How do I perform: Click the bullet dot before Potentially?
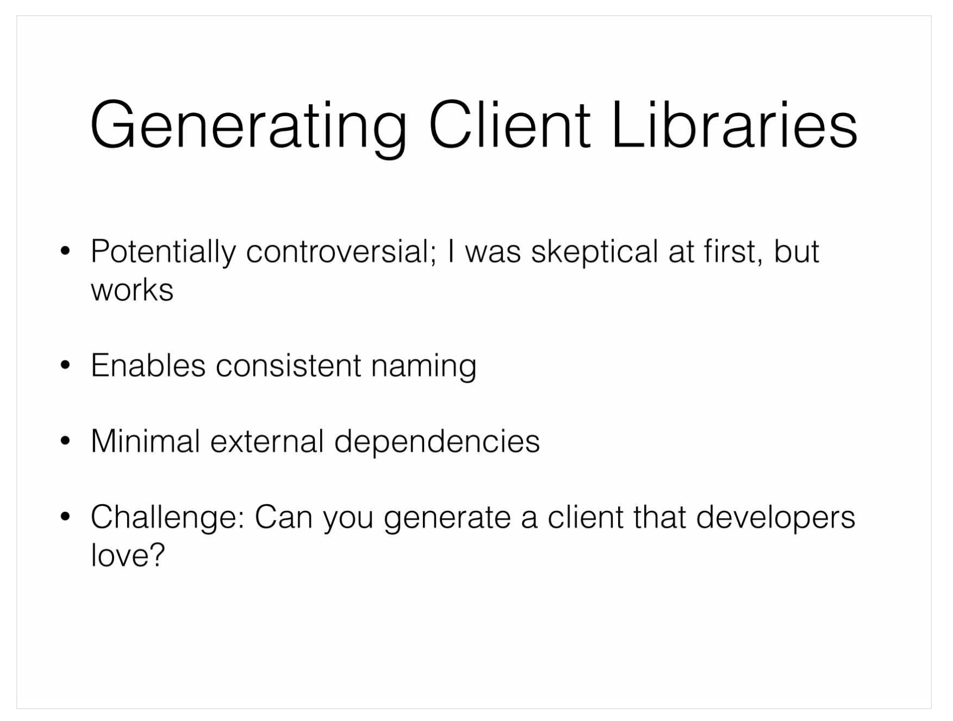pos(65,251)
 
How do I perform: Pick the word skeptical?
pos(594,252)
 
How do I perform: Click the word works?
pos(132,290)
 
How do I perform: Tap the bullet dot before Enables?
pos(65,365)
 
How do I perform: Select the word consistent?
pos(289,365)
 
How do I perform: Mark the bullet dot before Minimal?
pos(65,440)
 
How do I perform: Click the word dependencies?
pos(437,442)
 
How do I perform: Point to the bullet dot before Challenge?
pos(65,517)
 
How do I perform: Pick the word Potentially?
pos(163,252)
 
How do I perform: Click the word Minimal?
pos(145,440)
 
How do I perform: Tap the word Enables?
pos(148,365)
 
